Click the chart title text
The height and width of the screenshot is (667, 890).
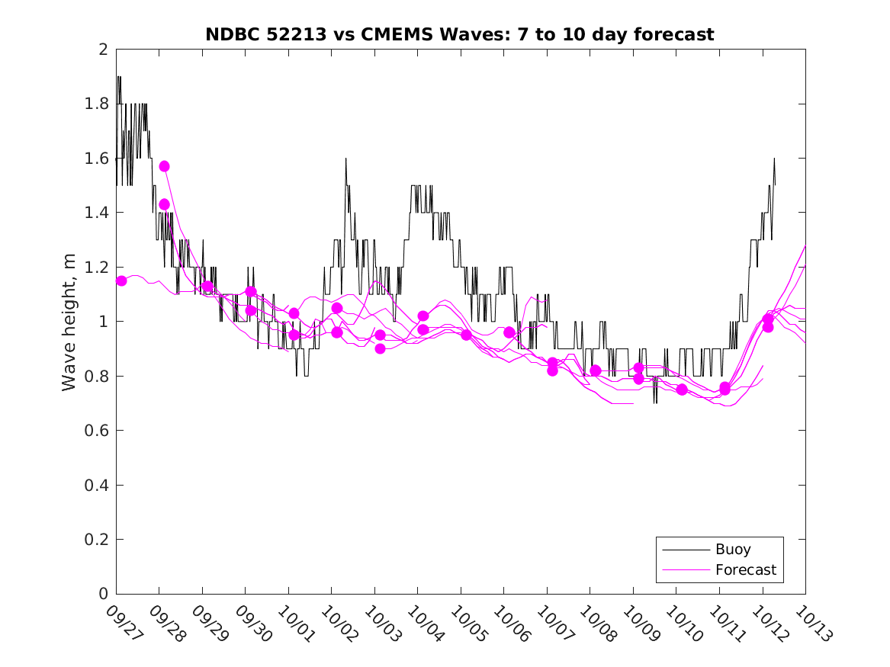[460, 34]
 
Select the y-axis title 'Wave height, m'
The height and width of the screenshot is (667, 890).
[69, 321]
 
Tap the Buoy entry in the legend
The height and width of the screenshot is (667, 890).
[733, 549]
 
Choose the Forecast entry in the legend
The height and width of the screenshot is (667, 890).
[746, 569]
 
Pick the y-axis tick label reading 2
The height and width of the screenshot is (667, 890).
[102, 50]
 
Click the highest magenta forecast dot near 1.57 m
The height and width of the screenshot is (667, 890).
[164, 166]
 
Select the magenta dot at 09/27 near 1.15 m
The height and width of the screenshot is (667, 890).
[121, 281]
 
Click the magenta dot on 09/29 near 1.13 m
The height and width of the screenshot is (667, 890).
[207, 287]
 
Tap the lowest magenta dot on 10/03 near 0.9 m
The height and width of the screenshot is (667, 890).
[380, 348]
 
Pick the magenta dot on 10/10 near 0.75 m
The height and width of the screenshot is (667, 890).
[682, 390]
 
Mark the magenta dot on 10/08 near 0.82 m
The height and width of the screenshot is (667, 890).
[596, 370]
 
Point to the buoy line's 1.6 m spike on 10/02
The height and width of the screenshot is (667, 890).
[346, 159]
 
